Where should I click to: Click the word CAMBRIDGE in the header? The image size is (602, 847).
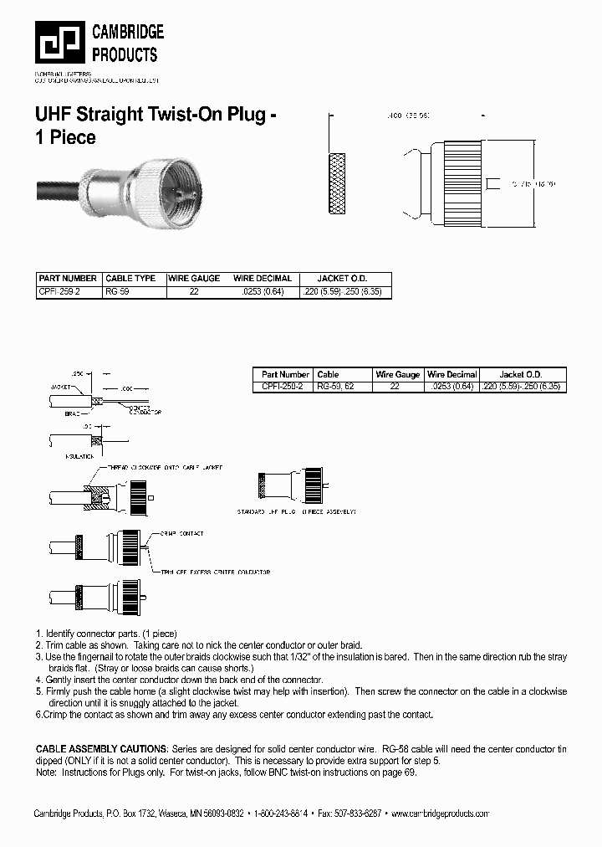tap(127, 33)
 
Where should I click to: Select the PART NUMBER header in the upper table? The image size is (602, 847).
tap(68, 278)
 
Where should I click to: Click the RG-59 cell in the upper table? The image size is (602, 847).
tap(119, 292)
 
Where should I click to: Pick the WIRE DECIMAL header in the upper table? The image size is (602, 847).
tap(263, 278)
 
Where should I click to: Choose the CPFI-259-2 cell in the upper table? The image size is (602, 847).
tap(59, 292)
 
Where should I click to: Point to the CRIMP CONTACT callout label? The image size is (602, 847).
tap(181, 533)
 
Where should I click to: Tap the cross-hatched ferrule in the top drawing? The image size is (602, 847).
tap(338, 182)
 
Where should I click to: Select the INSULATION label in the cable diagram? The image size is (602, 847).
tap(79, 457)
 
